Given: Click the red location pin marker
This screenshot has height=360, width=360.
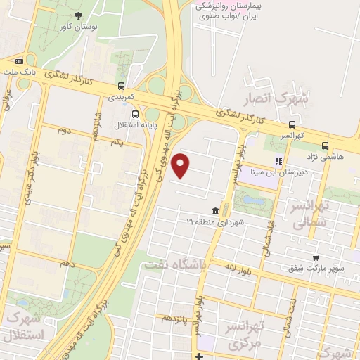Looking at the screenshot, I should (x=181, y=165).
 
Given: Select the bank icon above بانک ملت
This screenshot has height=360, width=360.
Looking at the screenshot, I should (x=29, y=60).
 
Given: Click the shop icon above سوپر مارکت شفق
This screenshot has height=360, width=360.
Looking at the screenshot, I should (x=316, y=257).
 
